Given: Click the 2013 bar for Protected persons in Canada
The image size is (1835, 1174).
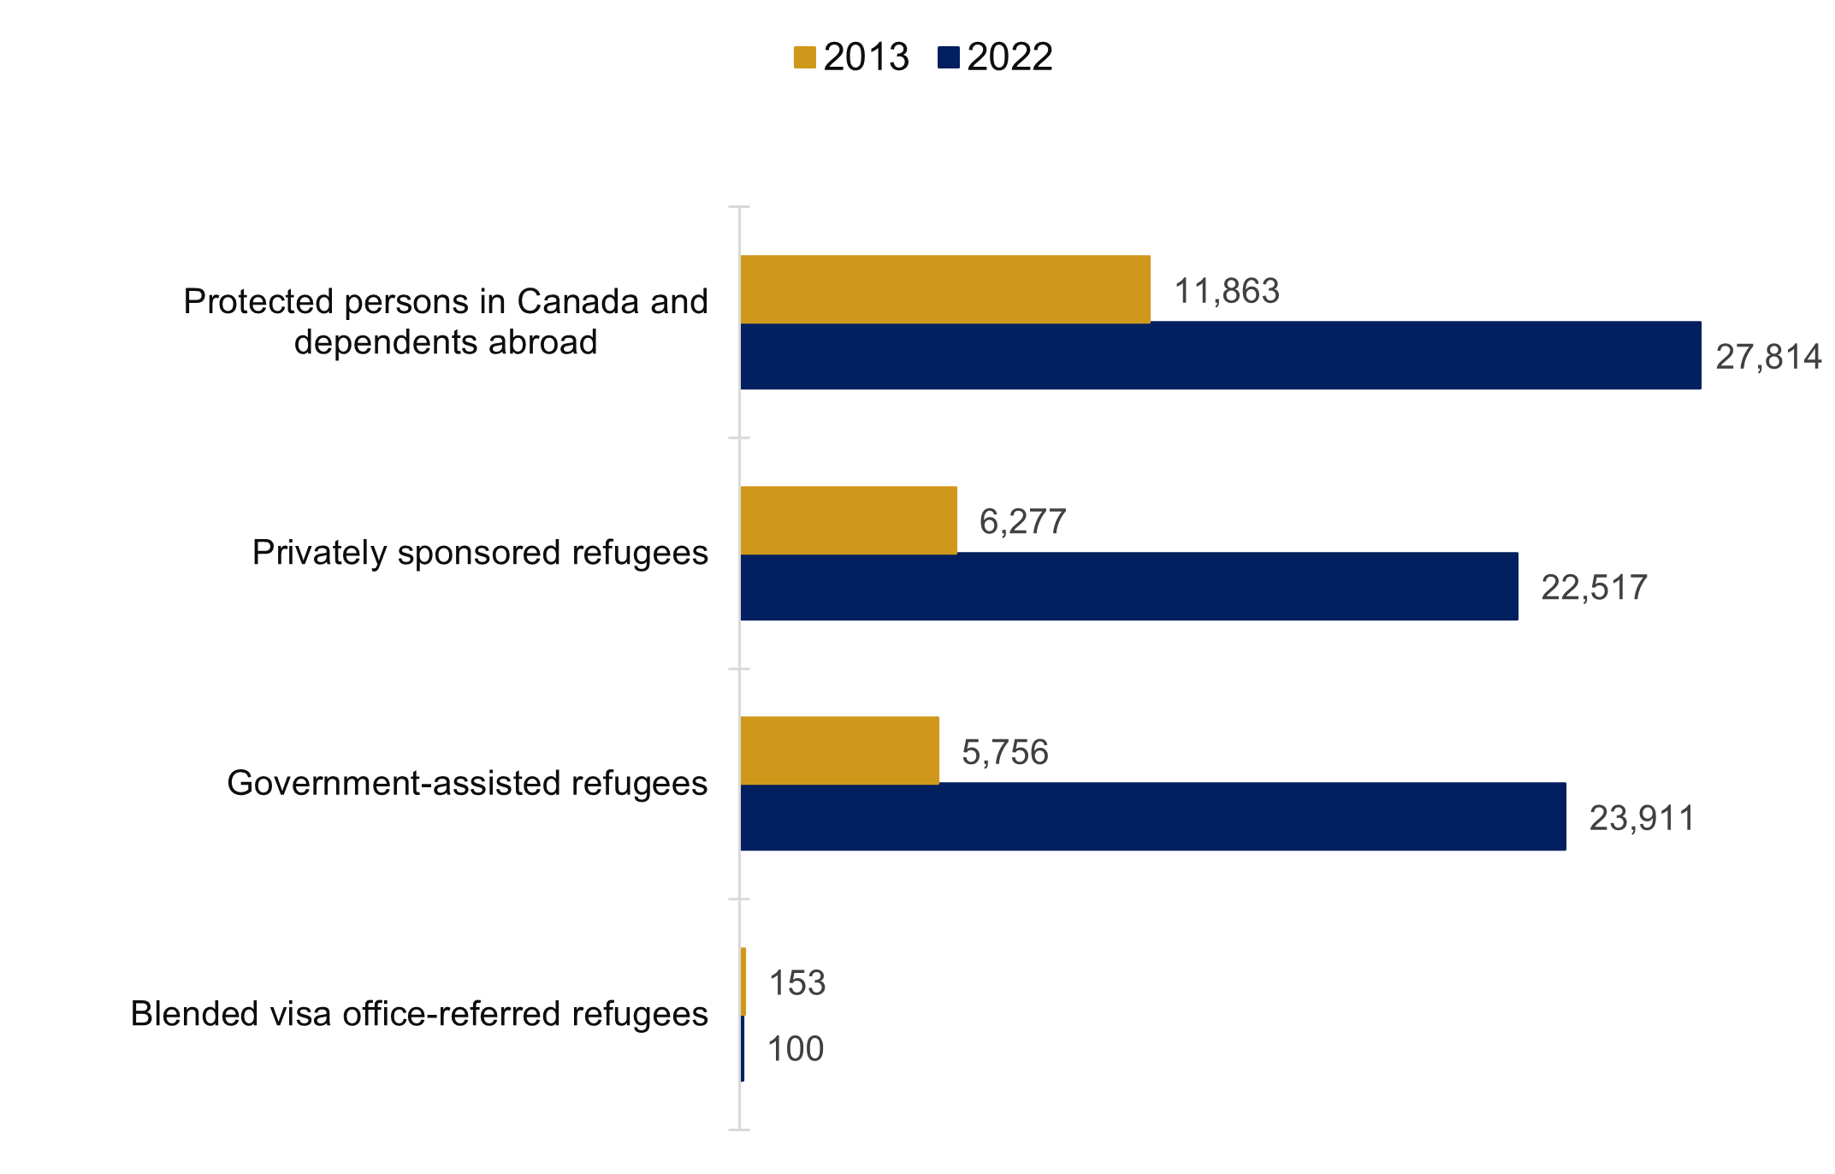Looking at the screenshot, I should pos(944,289).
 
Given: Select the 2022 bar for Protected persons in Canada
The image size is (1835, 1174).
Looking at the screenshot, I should pos(1220,355).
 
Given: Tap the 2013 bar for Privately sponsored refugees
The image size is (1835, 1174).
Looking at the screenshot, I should pos(848,520).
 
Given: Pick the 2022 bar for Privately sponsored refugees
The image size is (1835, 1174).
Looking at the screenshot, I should pos(1128,586).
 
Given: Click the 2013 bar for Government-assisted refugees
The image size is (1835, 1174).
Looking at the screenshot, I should pos(839,750).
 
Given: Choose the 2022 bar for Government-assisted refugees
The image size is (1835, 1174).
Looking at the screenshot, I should pos(1152,816).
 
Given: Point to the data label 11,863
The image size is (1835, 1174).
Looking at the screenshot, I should pos(1227,292).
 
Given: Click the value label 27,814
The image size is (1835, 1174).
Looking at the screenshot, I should pos(1768,357).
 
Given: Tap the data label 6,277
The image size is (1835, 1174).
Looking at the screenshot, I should pos(1022,522).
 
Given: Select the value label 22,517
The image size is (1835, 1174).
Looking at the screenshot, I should pos(1594,588).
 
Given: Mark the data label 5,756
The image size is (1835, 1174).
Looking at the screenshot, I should pos(1004,753).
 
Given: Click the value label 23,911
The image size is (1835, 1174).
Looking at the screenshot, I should pos(1642,819).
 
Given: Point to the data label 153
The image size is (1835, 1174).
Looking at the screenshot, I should pos(797,983).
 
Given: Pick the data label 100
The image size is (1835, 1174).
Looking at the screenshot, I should pos(796,1049).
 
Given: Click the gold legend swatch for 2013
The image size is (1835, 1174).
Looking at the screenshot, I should pos(804,57).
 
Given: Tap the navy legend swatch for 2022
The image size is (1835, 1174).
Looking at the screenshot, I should pos(949,57).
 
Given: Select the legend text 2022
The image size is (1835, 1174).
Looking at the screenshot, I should pos(1009,57).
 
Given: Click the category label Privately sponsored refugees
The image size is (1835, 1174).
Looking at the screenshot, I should pos(480,553).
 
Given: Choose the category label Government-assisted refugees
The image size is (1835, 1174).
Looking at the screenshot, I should pos(467,784).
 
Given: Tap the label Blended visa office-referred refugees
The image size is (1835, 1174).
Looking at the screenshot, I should pos(419,1014).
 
